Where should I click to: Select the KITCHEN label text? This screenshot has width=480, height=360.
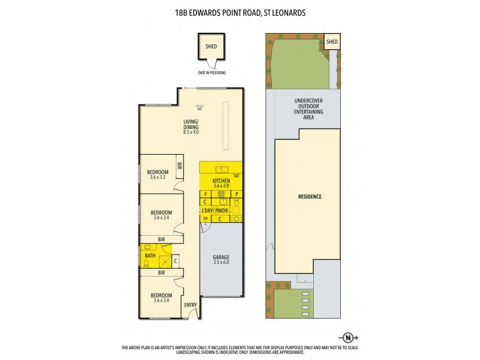[x=221, y=181]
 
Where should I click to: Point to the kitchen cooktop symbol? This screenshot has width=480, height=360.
[x=221, y=194]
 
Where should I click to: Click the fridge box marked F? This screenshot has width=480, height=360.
[x=205, y=194]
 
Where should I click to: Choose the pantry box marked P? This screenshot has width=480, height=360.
[x=236, y=194]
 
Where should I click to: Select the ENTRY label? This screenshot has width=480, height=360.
[x=191, y=305]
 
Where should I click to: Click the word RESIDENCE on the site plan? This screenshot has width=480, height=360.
[x=310, y=196]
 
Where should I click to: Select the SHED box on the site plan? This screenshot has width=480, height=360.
[x=332, y=42]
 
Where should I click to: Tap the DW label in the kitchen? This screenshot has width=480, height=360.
[x=236, y=176]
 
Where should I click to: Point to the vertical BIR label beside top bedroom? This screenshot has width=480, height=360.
[x=179, y=166]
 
